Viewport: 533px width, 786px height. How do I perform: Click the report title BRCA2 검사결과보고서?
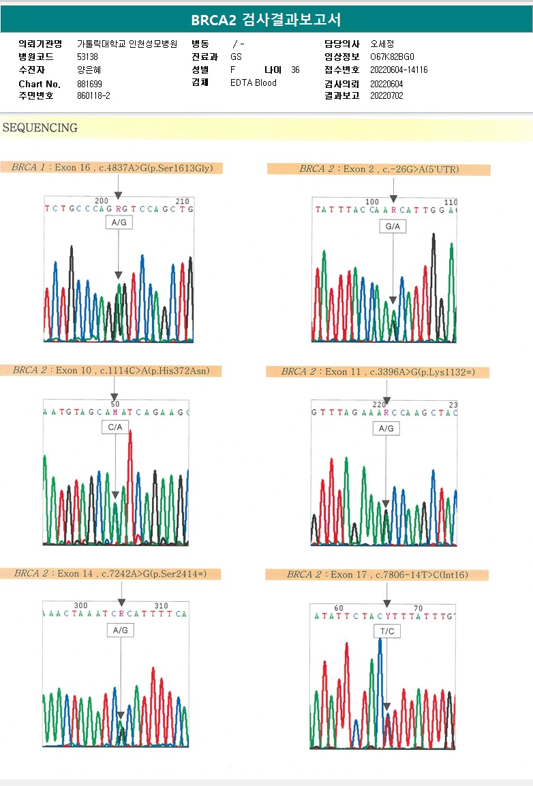click(x=266, y=20)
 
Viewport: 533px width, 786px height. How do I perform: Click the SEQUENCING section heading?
click(x=40, y=127)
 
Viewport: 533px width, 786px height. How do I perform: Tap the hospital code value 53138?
click(x=87, y=57)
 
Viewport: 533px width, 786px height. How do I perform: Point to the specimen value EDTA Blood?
click(x=254, y=83)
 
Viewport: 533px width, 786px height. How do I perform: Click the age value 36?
click(x=295, y=70)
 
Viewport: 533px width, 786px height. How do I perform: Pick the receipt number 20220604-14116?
click(x=399, y=70)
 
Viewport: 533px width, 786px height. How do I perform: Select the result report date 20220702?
click(x=386, y=96)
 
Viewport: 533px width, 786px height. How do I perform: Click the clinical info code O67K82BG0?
click(x=392, y=57)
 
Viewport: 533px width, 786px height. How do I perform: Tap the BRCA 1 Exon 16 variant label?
click(x=117, y=168)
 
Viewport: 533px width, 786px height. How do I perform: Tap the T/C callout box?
click(x=386, y=631)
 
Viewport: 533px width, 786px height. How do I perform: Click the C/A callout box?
click(x=115, y=427)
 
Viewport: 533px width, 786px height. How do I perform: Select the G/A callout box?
click(x=393, y=226)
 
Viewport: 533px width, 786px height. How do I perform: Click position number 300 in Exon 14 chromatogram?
click(x=81, y=605)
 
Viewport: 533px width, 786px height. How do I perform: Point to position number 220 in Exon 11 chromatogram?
click(x=380, y=404)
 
